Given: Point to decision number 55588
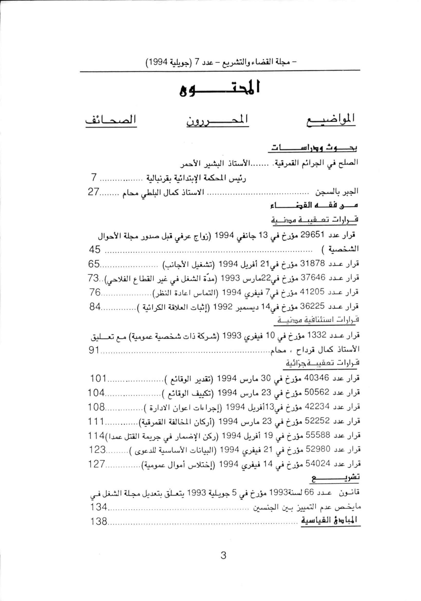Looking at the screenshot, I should (316, 435).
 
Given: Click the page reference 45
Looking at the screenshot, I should (94, 250).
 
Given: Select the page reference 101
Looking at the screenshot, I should (98, 379).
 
